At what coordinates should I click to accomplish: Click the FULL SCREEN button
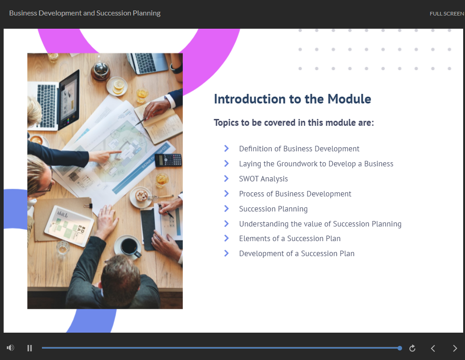(447, 14)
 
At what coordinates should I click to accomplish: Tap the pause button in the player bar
(29, 348)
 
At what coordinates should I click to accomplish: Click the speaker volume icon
(10, 348)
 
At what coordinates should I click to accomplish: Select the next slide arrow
(455, 348)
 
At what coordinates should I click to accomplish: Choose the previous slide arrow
(433, 348)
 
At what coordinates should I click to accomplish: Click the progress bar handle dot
(400, 348)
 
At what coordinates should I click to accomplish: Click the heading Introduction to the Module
(292, 99)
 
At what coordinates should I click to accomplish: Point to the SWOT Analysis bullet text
(263, 179)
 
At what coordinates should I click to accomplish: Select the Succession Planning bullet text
(273, 209)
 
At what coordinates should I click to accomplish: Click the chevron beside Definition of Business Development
(226, 148)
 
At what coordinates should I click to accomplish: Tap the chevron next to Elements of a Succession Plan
(226, 238)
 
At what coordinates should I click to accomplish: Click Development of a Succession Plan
(297, 253)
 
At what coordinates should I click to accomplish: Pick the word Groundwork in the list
(297, 164)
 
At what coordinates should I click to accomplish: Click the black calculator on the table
(168, 160)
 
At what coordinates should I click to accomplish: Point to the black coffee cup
(128, 247)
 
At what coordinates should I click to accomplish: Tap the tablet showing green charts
(69, 226)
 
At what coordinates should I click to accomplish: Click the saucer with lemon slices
(117, 86)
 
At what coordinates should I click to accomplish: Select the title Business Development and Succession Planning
(85, 13)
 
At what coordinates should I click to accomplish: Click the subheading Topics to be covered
(294, 123)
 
